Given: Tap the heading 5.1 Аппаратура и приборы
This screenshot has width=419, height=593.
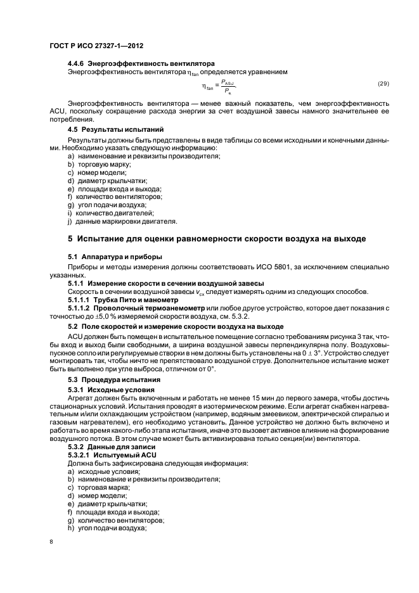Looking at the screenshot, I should [115, 257].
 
